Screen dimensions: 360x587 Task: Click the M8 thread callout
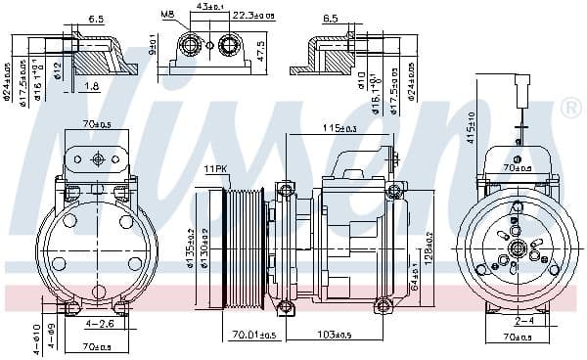pos(167,14)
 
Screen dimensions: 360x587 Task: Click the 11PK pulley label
pos(214,169)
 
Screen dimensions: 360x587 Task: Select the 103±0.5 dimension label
pos(334,336)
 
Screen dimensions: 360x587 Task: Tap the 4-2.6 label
pos(98,324)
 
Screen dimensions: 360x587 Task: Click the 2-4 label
pos(524,320)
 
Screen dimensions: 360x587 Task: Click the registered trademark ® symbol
pos(570,110)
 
